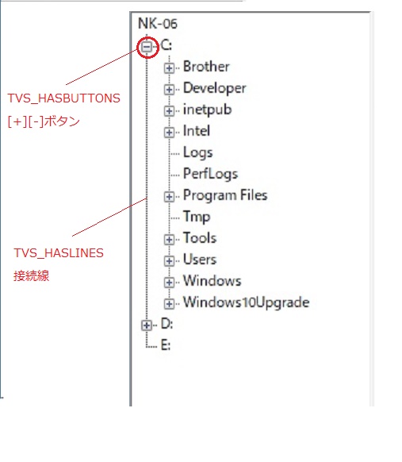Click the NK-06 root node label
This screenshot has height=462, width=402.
158,24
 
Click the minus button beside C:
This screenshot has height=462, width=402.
147,46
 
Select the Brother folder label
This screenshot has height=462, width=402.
206,67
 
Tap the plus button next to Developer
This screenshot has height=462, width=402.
169,89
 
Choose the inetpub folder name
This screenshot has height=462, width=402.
208,110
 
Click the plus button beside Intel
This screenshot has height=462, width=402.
169,133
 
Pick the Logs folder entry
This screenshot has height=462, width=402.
197,152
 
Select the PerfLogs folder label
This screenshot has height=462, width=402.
210,174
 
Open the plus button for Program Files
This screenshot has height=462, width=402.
169,197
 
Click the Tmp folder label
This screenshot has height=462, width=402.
197,217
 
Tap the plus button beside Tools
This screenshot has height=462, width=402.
169,240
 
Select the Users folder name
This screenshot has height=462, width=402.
200,260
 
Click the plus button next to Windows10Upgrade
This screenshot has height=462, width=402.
169,304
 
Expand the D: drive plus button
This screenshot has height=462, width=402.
147,325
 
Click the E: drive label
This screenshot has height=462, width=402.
166,345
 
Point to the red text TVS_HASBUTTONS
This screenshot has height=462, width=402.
64,98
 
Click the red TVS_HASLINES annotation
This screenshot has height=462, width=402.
59,253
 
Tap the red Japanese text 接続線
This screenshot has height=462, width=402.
31,276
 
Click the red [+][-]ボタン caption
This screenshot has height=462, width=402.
44,121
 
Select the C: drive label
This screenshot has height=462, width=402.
167,45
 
